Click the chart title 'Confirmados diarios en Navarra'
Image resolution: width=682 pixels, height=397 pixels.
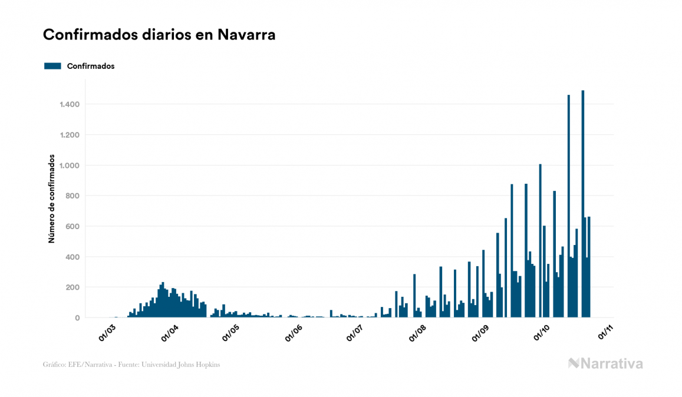159,35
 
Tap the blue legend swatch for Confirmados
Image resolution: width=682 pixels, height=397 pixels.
52,66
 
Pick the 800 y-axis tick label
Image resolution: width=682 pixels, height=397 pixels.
73,196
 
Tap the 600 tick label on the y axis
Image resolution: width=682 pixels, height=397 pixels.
73,227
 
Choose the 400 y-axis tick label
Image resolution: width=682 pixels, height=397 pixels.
73,257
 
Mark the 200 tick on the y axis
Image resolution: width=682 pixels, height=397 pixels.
73,287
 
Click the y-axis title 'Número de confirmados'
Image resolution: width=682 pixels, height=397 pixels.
52,199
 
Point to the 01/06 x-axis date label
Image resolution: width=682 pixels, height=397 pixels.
293,333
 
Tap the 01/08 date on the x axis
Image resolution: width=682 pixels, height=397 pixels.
417,333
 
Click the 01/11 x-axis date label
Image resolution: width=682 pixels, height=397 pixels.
605,333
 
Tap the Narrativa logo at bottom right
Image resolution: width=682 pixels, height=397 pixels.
605,363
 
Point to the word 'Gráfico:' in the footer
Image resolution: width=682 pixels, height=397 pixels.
54,365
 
